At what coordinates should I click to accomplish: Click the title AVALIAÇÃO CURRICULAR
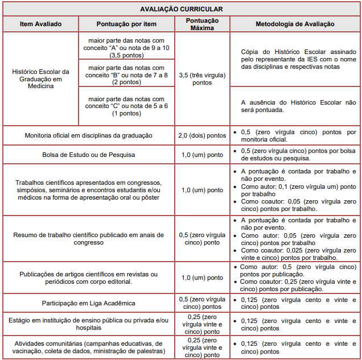click(182, 9)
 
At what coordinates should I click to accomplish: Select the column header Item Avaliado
click(40, 24)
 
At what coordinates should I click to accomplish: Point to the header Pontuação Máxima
click(203, 24)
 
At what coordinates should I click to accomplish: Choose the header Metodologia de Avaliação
click(295, 24)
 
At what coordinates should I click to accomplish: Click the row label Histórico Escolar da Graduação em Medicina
click(40, 79)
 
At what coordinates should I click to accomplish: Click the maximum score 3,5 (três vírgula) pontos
click(203, 79)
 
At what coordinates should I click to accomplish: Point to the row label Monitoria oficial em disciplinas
click(89, 135)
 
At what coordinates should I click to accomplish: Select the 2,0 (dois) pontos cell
click(203, 135)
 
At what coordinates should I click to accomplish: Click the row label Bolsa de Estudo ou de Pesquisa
click(89, 154)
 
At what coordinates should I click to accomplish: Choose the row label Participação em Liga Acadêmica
click(89, 303)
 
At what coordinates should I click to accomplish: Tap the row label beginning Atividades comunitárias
click(89, 347)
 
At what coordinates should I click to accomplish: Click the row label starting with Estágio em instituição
click(89, 324)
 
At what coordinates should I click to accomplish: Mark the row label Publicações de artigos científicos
click(89, 278)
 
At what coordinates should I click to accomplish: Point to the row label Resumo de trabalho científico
click(89, 238)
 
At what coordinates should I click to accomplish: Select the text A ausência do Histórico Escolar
click(295, 106)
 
